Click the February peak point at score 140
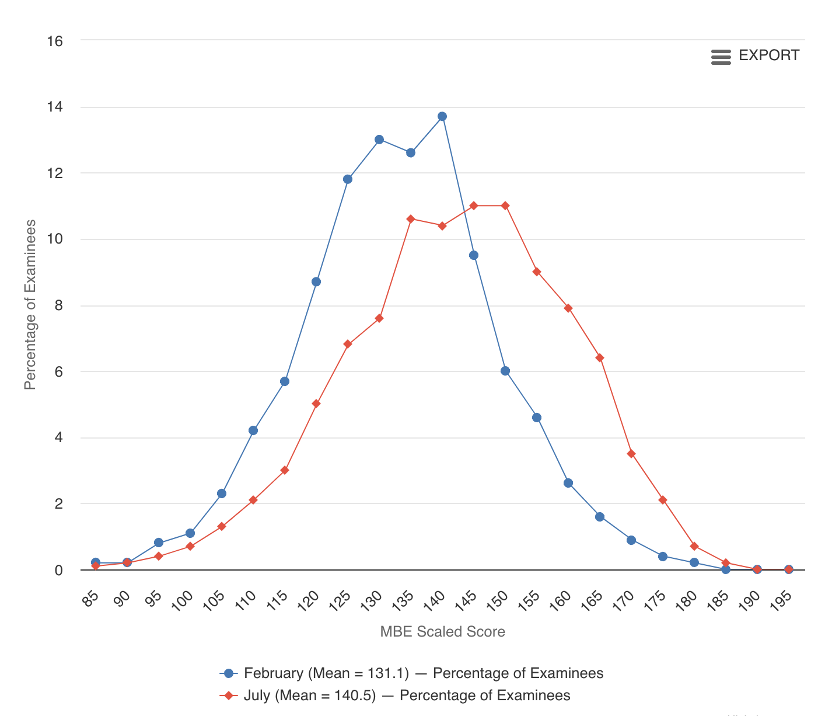pyautogui.click(x=442, y=116)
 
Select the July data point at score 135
pyautogui.click(x=411, y=219)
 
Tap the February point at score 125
pyautogui.click(x=348, y=179)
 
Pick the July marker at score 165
pyautogui.click(x=600, y=357)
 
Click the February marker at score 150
pyautogui.click(x=505, y=371)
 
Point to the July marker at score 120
pyautogui.click(x=316, y=404)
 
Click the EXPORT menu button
pyautogui.click(x=756, y=56)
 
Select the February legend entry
pyautogui.click(x=412, y=673)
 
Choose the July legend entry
pyautogui.click(x=396, y=696)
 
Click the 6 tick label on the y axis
pyautogui.click(x=58, y=371)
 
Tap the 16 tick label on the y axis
pyautogui.click(x=55, y=41)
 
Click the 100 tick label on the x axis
pyautogui.click(x=183, y=599)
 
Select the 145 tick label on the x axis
pyautogui.click(x=467, y=599)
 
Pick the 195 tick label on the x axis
pyautogui.click(x=782, y=599)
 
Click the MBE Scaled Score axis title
pyautogui.click(x=442, y=631)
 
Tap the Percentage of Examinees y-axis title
pyautogui.click(x=30, y=305)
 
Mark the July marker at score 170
pyautogui.click(x=631, y=454)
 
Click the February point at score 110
pyautogui.click(x=253, y=430)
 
